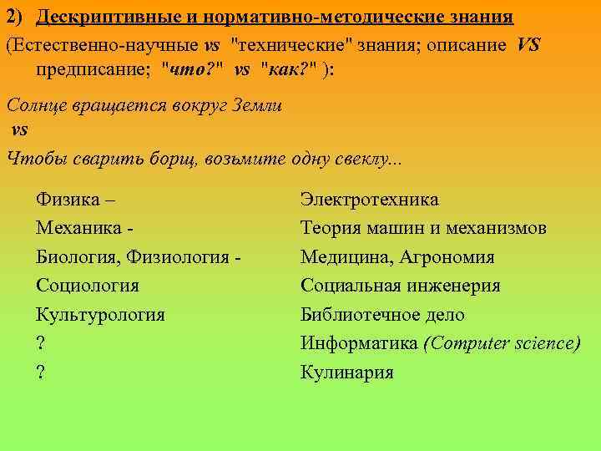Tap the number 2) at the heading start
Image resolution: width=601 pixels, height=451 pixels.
18,18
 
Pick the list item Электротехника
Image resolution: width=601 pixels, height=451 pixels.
369,200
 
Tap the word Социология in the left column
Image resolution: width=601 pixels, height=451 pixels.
88,286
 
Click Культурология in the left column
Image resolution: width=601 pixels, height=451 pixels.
100,315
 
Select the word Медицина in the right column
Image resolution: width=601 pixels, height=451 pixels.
343,257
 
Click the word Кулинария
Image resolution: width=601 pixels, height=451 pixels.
346,372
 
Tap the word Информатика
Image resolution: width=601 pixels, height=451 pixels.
359,343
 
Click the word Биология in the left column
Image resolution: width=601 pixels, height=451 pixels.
73,257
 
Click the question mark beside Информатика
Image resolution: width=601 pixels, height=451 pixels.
40,343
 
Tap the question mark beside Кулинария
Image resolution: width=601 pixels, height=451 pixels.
40,372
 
